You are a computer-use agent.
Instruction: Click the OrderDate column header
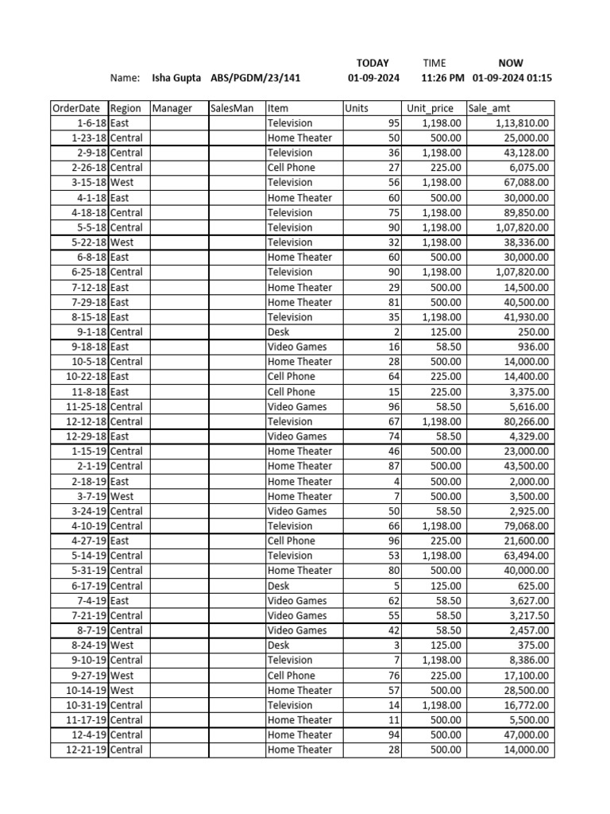coord(76,108)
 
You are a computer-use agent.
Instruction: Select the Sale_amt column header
coord(488,108)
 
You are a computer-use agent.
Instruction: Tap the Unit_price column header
coord(430,108)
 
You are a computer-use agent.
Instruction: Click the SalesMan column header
coord(231,108)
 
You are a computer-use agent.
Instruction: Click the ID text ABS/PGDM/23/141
coord(256,78)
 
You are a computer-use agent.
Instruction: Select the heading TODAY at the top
coord(373,63)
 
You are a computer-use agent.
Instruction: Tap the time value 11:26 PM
coord(442,78)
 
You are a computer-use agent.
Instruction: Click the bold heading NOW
coord(511,63)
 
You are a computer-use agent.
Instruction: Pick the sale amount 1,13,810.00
coord(521,123)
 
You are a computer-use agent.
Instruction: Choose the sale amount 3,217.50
coord(527,615)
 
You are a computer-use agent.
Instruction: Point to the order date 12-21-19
coord(85,750)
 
